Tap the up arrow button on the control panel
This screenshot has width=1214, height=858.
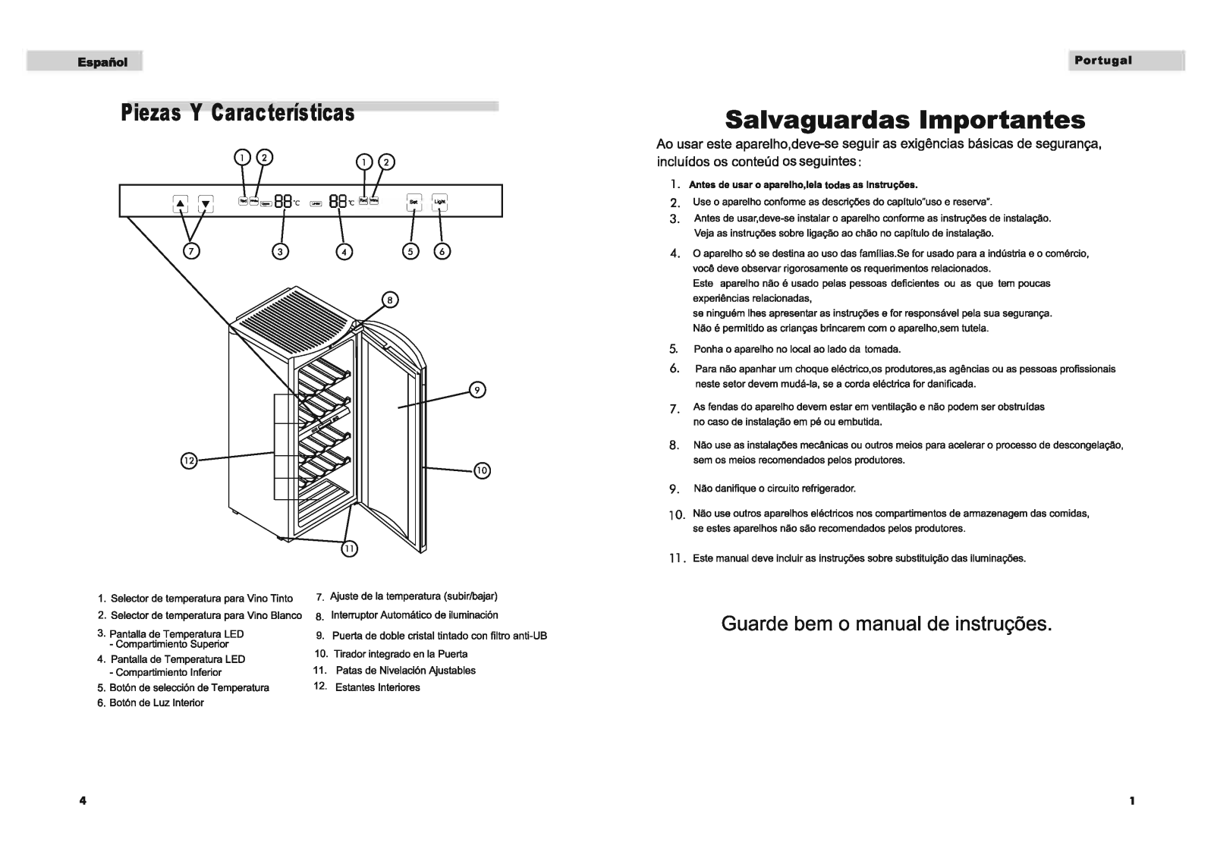[181, 203]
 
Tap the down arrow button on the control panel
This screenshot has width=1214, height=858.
[206, 203]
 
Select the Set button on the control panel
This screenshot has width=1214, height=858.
[414, 202]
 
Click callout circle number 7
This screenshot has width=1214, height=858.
[193, 251]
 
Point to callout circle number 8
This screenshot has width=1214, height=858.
[389, 300]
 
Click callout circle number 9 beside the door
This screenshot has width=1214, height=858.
[476, 390]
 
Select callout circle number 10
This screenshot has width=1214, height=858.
[483, 471]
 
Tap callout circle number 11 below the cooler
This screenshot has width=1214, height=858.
[349, 549]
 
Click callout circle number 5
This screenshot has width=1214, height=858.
[410, 251]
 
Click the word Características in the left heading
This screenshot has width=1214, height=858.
[283, 113]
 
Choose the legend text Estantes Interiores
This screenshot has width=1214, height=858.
[377, 687]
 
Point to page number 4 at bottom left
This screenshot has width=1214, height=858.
[83, 800]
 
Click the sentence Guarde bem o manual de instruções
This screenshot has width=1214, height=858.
[886, 624]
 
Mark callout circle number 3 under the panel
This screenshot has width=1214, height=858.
[280, 251]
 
